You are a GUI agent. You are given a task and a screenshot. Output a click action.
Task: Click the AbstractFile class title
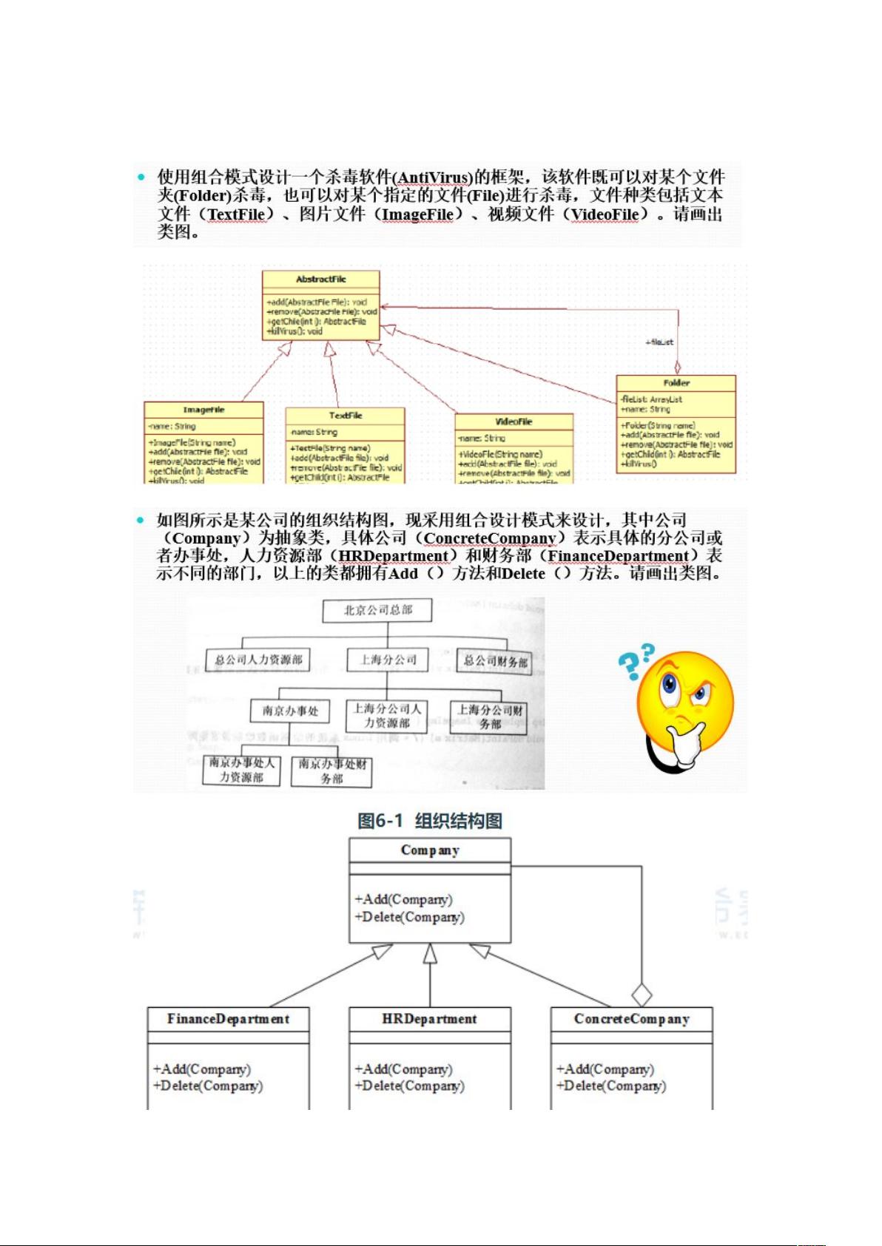click(320, 280)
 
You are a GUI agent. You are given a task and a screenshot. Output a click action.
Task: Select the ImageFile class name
click(203, 410)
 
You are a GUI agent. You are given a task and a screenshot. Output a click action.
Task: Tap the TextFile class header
click(346, 416)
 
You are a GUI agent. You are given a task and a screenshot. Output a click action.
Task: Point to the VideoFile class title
click(514, 421)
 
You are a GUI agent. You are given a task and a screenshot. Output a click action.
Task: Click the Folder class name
click(676, 383)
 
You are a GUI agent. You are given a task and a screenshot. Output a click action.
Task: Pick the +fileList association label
click(659, 342)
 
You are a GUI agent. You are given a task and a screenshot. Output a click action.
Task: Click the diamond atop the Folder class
click(677, 367)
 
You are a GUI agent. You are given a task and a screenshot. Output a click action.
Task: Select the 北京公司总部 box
click(377, 611)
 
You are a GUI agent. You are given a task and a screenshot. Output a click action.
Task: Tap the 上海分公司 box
click(388, 660)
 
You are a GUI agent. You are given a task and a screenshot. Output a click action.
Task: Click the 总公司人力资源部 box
click(258, 660)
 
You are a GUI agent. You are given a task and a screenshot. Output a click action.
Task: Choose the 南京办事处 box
click(290, 711)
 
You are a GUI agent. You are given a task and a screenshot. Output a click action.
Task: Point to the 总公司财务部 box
click(496, 661)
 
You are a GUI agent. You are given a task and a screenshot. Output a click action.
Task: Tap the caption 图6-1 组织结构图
click(430, 821)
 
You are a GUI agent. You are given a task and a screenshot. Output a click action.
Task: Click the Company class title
click(430, 850)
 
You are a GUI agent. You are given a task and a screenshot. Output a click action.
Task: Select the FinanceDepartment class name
click(228, 1019)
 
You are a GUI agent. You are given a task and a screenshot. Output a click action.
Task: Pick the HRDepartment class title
click(429, 1019)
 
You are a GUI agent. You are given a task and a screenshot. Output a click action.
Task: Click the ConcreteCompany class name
click(631, 1019)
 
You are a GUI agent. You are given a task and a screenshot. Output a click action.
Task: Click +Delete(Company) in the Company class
click(409, 917)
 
